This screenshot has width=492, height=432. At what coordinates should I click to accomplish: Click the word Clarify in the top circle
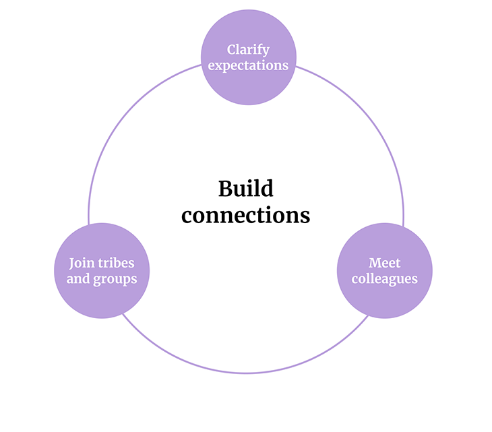pyautogui.click(x=248, y=50)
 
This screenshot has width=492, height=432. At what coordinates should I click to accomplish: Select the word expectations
pyautogui.click(x=248, y=65)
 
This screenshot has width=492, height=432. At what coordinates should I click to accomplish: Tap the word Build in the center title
pyautogui.click(x=245, y=189)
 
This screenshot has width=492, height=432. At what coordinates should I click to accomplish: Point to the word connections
pyautogui.click(x=246, y=215)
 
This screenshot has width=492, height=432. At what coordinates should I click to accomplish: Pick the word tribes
pyautogui.click(x=115, y=263)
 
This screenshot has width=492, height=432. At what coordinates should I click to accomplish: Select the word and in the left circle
pyautogui.click(x=78, y=278)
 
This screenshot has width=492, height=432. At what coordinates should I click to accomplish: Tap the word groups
pyautogui.click(x=115, y=279)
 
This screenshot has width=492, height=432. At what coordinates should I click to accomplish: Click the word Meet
pyautogui.click(x=384, y=263)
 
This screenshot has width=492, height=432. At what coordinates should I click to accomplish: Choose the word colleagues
pyautogui.click(x=384, y=278)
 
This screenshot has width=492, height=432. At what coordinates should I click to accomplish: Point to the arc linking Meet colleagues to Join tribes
pyautogui.click(x=246, y=373)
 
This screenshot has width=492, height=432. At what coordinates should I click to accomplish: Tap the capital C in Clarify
pyautogui.click(x=232, y=50)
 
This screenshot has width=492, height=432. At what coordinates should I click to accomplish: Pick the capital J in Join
pyautogui.click(x=71, y=264)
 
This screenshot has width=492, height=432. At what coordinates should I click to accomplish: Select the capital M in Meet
pyautogui.click(x=374, y=263)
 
